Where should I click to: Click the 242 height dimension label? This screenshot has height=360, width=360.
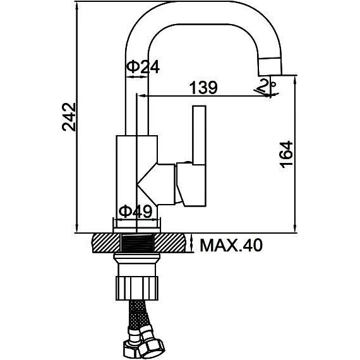point(69,117)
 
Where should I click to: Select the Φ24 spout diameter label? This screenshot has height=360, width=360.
point(143,67)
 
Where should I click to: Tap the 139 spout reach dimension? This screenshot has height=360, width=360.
point(203,87)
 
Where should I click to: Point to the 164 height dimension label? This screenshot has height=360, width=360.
point(286,154)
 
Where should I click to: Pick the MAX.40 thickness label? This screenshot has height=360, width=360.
point(231,245)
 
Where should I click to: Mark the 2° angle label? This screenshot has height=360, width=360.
point(267,85)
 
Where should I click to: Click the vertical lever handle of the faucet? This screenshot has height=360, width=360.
point(200,135)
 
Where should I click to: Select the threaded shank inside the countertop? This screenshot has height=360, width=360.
point(137,243)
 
